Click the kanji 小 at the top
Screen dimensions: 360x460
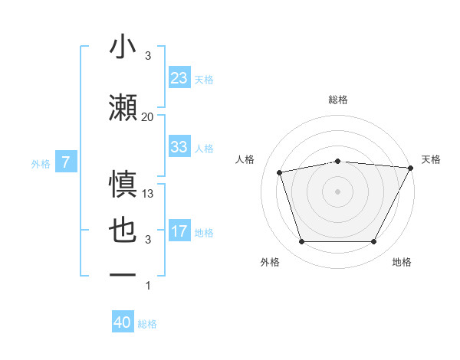(123, 47)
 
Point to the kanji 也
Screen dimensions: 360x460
(123, 231)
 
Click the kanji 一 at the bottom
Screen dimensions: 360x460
(123, 273)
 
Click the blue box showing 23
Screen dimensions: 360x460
(179, 77)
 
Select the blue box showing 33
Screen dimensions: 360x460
(179, 147)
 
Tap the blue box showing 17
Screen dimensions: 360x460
(179, 231)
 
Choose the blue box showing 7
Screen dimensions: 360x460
(67, 162)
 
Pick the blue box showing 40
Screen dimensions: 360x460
(123, 322)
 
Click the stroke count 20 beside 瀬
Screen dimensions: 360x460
(147, 116)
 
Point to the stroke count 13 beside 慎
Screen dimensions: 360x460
(148, 194)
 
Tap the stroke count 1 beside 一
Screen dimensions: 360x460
(148, 286)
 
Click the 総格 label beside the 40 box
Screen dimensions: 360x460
(147, 324)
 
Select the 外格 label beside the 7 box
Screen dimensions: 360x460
(41, 162)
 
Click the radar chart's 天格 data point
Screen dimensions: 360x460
(411, 168)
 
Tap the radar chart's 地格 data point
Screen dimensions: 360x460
(373, 242)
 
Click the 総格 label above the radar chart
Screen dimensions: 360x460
(337, 100)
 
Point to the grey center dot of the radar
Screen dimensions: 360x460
(337, 191)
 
